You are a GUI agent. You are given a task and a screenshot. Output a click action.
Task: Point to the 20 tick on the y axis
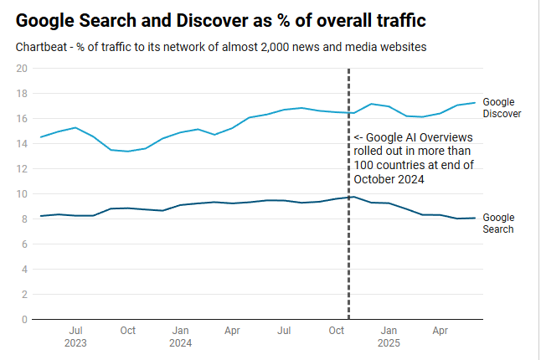point(23,68)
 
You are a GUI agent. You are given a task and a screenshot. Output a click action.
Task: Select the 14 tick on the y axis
point(23,143)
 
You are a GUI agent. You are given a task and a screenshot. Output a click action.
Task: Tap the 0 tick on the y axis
point(25,319)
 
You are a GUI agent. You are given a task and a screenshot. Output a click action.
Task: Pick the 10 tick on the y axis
point(23,193)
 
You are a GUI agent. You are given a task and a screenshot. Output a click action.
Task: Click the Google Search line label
point(499,223)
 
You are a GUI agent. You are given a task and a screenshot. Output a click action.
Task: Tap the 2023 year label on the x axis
point(75,342)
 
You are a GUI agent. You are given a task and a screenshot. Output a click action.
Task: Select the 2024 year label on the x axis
point(179,342)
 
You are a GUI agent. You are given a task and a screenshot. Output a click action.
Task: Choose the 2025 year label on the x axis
point(388,342)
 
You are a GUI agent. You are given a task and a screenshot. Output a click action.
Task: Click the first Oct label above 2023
point(127,331)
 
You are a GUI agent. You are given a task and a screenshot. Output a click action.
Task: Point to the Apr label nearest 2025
point(440,331)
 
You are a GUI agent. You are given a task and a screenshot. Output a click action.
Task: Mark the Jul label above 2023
point(75,331)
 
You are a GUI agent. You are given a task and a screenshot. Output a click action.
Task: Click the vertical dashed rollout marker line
point(348,251)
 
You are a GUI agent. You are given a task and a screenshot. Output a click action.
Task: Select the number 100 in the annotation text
point(363,165)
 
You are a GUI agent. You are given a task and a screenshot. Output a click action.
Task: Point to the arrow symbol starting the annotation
point(358,138)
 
